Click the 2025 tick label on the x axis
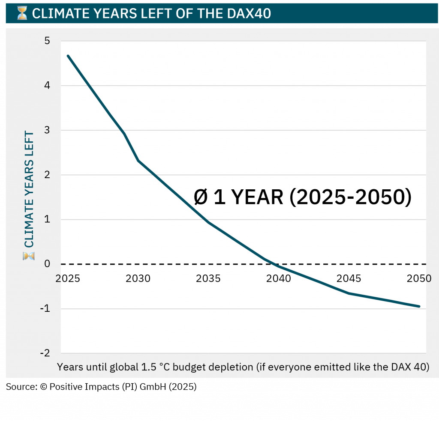[x=68, y=278]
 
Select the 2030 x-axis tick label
[x=138, y=278]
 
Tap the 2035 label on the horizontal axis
[x=208, y=278]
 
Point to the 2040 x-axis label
[x=279, y=278]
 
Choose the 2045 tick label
[x=349, y=278]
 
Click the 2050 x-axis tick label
[x=419, y=278]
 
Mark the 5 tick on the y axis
[x=47, y=41]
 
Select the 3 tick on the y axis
[x=47, y=130]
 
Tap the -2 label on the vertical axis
[x=45, y=353]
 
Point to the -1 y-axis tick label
[x=45, y=309]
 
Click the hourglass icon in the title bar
[x=22, y=14]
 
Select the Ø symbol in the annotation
[x=200, y=197]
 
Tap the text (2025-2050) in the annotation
[x=351, y=197]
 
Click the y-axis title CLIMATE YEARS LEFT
[x=29, y=188]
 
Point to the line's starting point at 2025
[x=68, y=56]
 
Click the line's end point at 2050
[x=419, y=306]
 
